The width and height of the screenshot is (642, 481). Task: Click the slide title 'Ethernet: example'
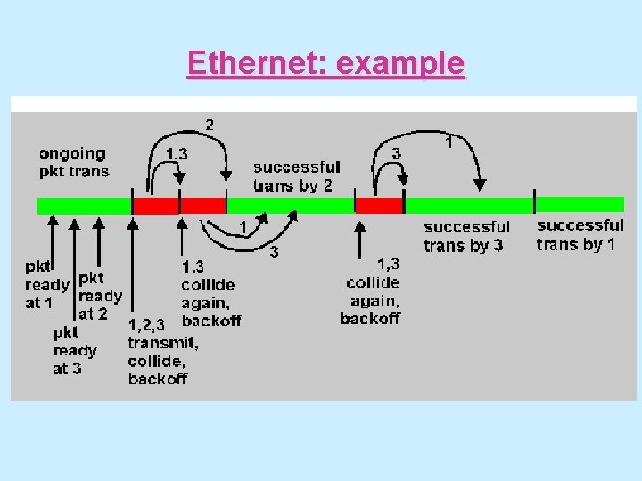click(x=325, y=64)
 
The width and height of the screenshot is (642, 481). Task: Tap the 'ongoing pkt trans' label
click(x=74, y=162)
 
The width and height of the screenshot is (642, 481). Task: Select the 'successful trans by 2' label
click(x=296, y=175)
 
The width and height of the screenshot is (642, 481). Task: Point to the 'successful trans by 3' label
click(x=466, y=236)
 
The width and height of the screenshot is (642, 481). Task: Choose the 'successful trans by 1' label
click(x=580, y=234)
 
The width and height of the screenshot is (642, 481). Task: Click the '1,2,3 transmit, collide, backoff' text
click(x=162, y=351)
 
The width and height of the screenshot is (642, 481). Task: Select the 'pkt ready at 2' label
click(x=99, y=295)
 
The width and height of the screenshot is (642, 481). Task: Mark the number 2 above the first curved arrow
click(x=210, y=124)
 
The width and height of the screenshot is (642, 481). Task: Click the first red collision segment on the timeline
click(x=156, y=206)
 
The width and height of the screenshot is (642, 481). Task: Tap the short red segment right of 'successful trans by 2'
click(x=379, y=206)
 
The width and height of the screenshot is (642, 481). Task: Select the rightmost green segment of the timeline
click(x=580, y=206)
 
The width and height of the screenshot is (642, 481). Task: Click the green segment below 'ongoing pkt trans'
click(x=85, y=206)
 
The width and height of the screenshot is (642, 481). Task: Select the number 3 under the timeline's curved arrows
click(x=274, y=253)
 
